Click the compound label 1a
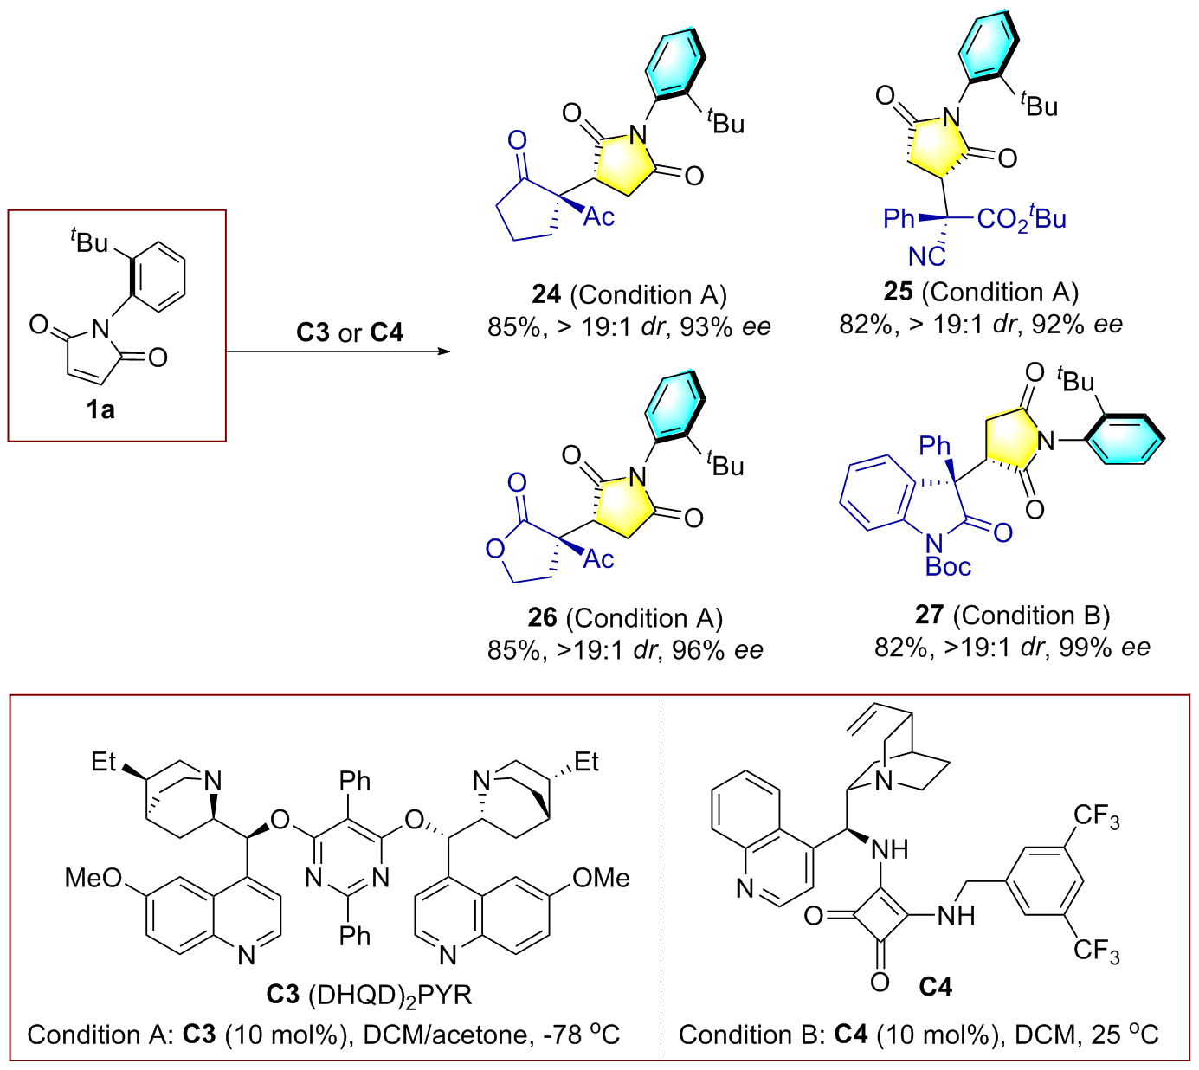(x=100, y=409)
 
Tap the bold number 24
(x=546, y=294)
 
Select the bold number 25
(x=898, y=292)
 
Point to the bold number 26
(x=542, y=617)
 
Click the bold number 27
(x=929, y=615)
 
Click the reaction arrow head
(x=445, y=351)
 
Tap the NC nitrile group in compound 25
(x=926, y=256)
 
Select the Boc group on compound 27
(x=948, y=566)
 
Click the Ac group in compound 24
(x=598, y=216)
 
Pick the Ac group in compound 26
(x=598, y=559)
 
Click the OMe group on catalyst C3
(x=601, y=878)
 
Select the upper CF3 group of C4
(x=1096, y=816)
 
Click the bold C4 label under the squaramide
(x=935, y=986)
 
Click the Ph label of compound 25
(x=899, y=218)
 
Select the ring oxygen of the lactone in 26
(x=494, y=549)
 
